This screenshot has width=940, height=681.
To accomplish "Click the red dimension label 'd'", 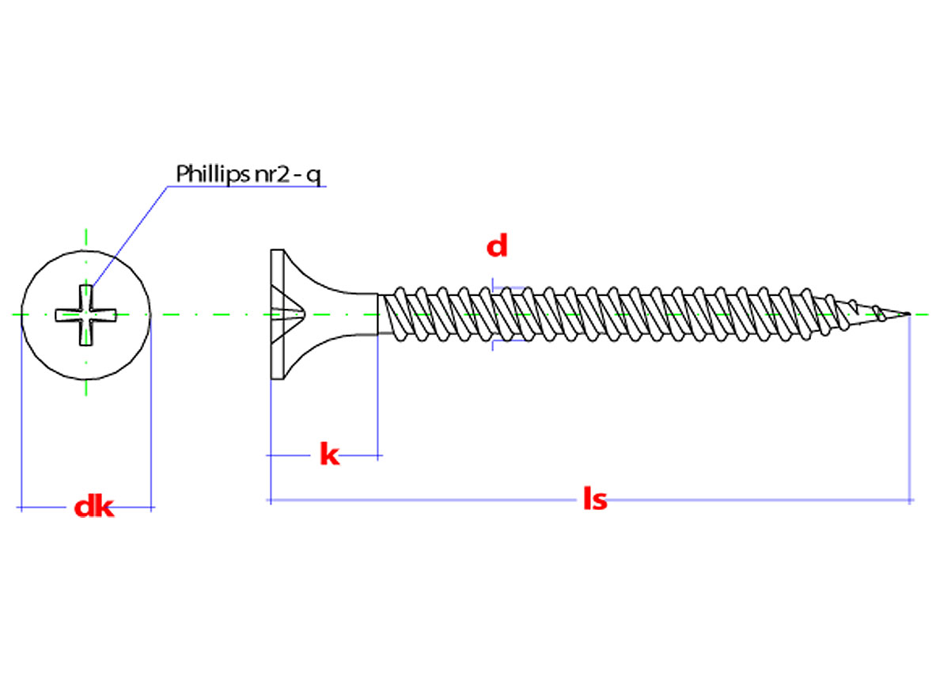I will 497,247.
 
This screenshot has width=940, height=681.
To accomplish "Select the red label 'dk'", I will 94,507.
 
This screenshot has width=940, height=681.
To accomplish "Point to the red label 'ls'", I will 594,500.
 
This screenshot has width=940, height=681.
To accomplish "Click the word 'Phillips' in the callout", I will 210,173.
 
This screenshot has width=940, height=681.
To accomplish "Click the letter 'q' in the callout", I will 314,176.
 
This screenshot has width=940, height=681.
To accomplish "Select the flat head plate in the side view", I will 277,314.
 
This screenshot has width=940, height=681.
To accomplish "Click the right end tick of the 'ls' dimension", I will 911,500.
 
